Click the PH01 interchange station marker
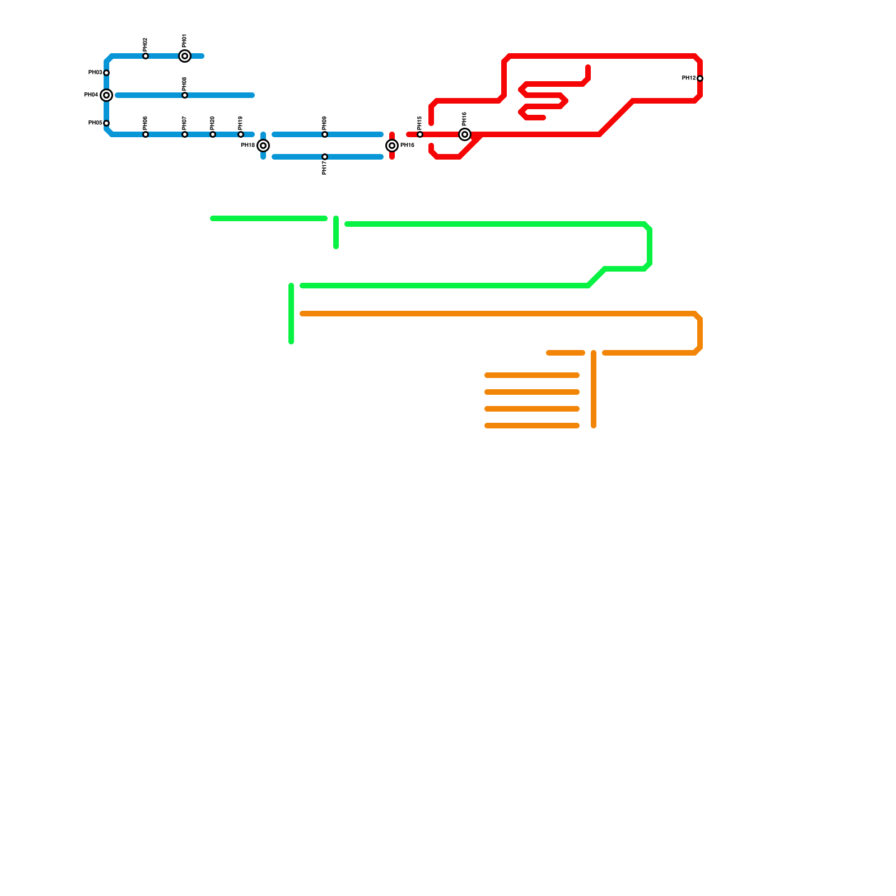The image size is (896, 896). tap(185, 56)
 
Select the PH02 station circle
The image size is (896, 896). tap(146, 56)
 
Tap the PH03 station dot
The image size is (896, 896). tap(106, 73)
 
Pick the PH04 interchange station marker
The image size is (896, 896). tap(106, 95)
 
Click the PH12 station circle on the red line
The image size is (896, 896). tap(700, 78)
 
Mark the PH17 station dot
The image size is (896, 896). tap(325, 157)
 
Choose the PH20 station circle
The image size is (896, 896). tap(213, 134)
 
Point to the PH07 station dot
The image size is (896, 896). tap(185, 134)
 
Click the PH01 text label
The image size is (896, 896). tap(185, 40)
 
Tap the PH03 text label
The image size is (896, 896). tap(95, 73)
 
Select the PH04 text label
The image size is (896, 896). tap(91, 95)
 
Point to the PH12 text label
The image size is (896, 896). tap(688, 78)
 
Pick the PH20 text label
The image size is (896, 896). tap(213, 123)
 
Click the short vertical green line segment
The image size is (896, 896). tap(336, 232)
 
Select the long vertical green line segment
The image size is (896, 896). tap(291, 314)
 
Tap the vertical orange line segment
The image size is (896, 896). tap(594, 389)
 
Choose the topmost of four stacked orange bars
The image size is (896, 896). tap(532, 375)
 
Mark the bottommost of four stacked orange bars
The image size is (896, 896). tap(532, 426)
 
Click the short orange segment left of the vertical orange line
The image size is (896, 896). tap(566, 353)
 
